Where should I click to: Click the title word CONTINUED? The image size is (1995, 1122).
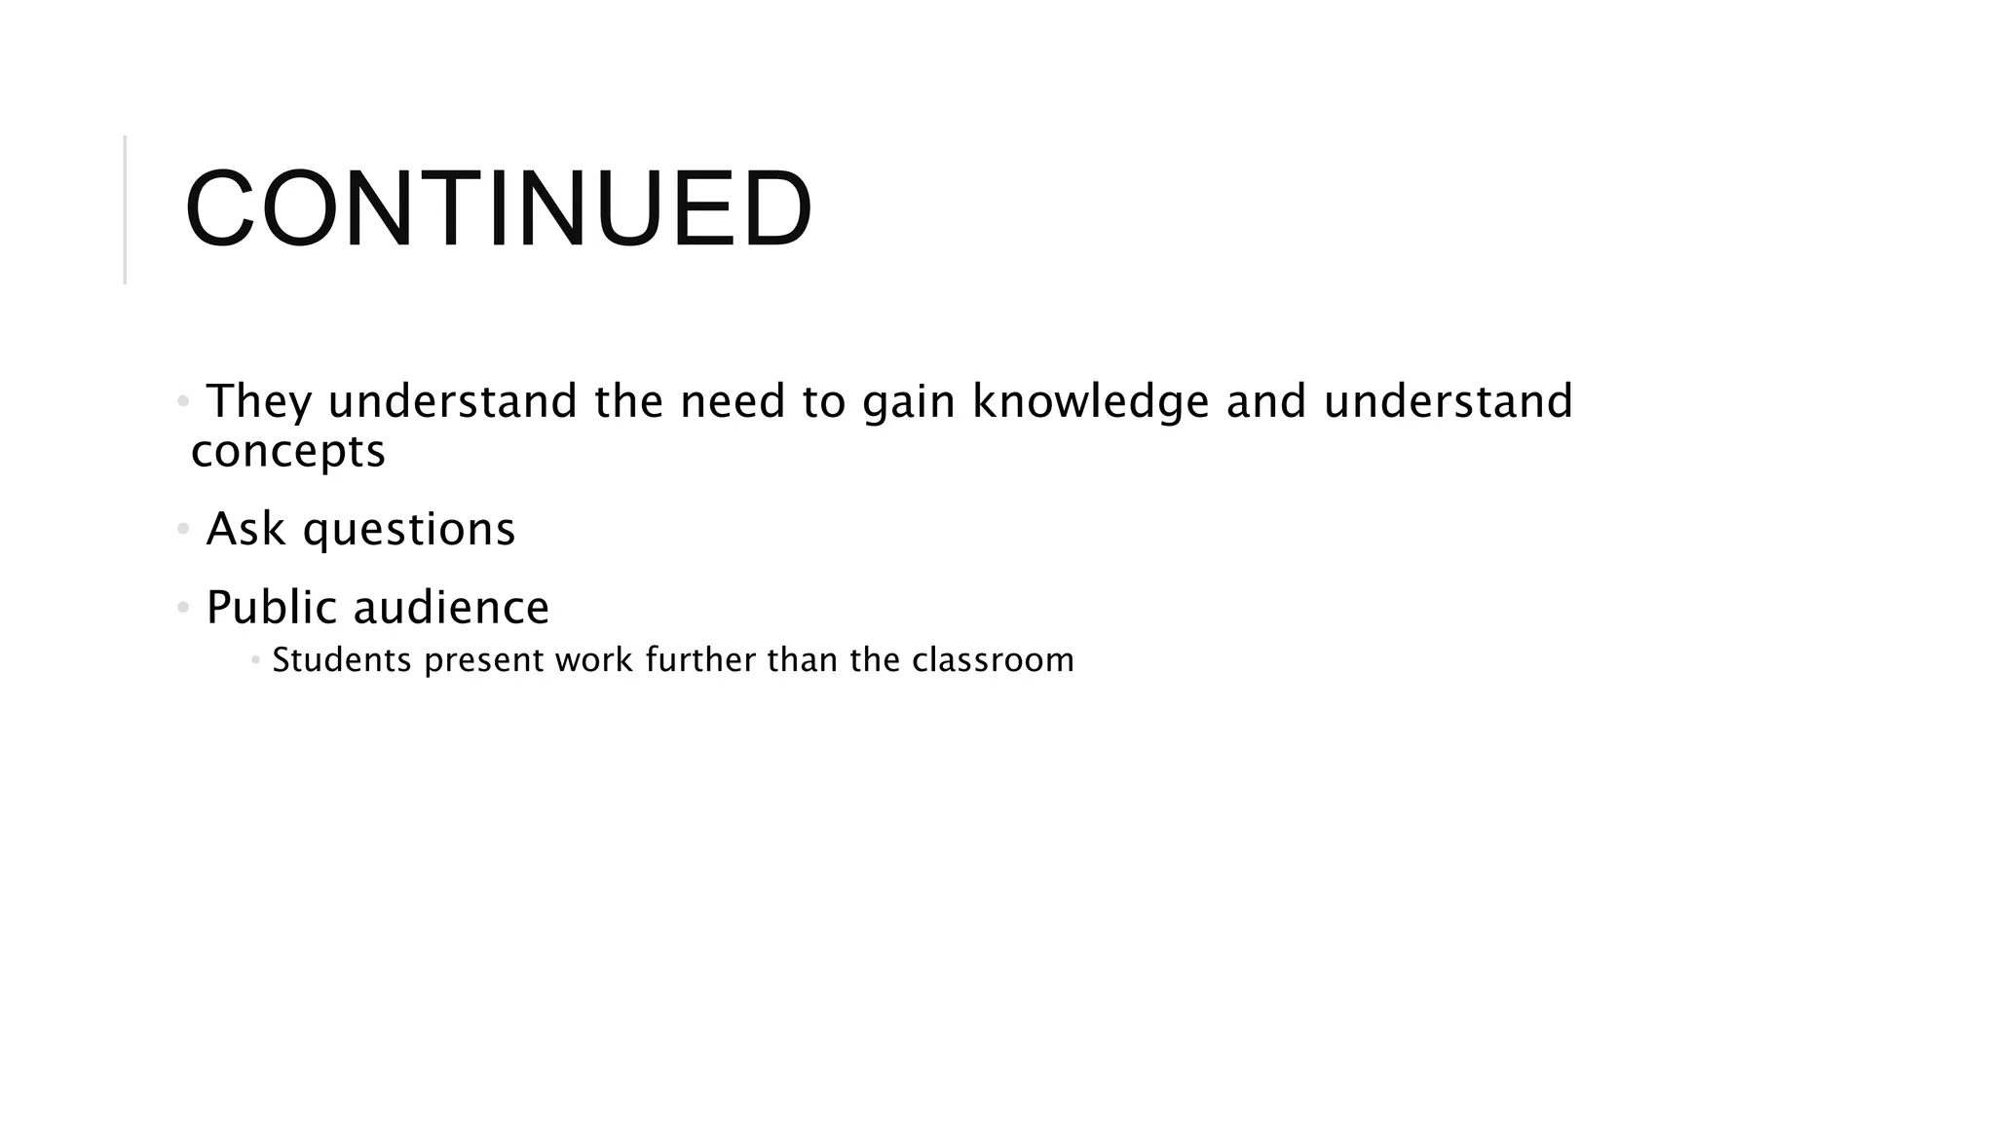tap(498, 209)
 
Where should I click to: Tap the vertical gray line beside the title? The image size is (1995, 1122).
tap(126, 209)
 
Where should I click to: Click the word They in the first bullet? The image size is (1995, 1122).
tap(259, 402)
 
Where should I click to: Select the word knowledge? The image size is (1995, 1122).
tap(1090, 402)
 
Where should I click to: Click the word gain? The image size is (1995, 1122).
tap(908, 402)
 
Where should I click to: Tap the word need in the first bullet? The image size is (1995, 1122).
tap(733, 402)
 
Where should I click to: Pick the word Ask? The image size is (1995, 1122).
tap(245, 530)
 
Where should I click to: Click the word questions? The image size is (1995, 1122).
tap(409, 530)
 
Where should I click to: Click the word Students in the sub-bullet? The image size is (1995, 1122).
tap(342, 660)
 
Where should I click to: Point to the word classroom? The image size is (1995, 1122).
tap(993, 660)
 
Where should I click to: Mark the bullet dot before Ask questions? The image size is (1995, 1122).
tap(183, 530)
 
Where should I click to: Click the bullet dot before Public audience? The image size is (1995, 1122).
tap(183, 609)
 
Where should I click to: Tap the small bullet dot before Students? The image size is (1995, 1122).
tap(255, 660)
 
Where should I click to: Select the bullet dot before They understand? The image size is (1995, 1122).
tap(183, 401)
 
